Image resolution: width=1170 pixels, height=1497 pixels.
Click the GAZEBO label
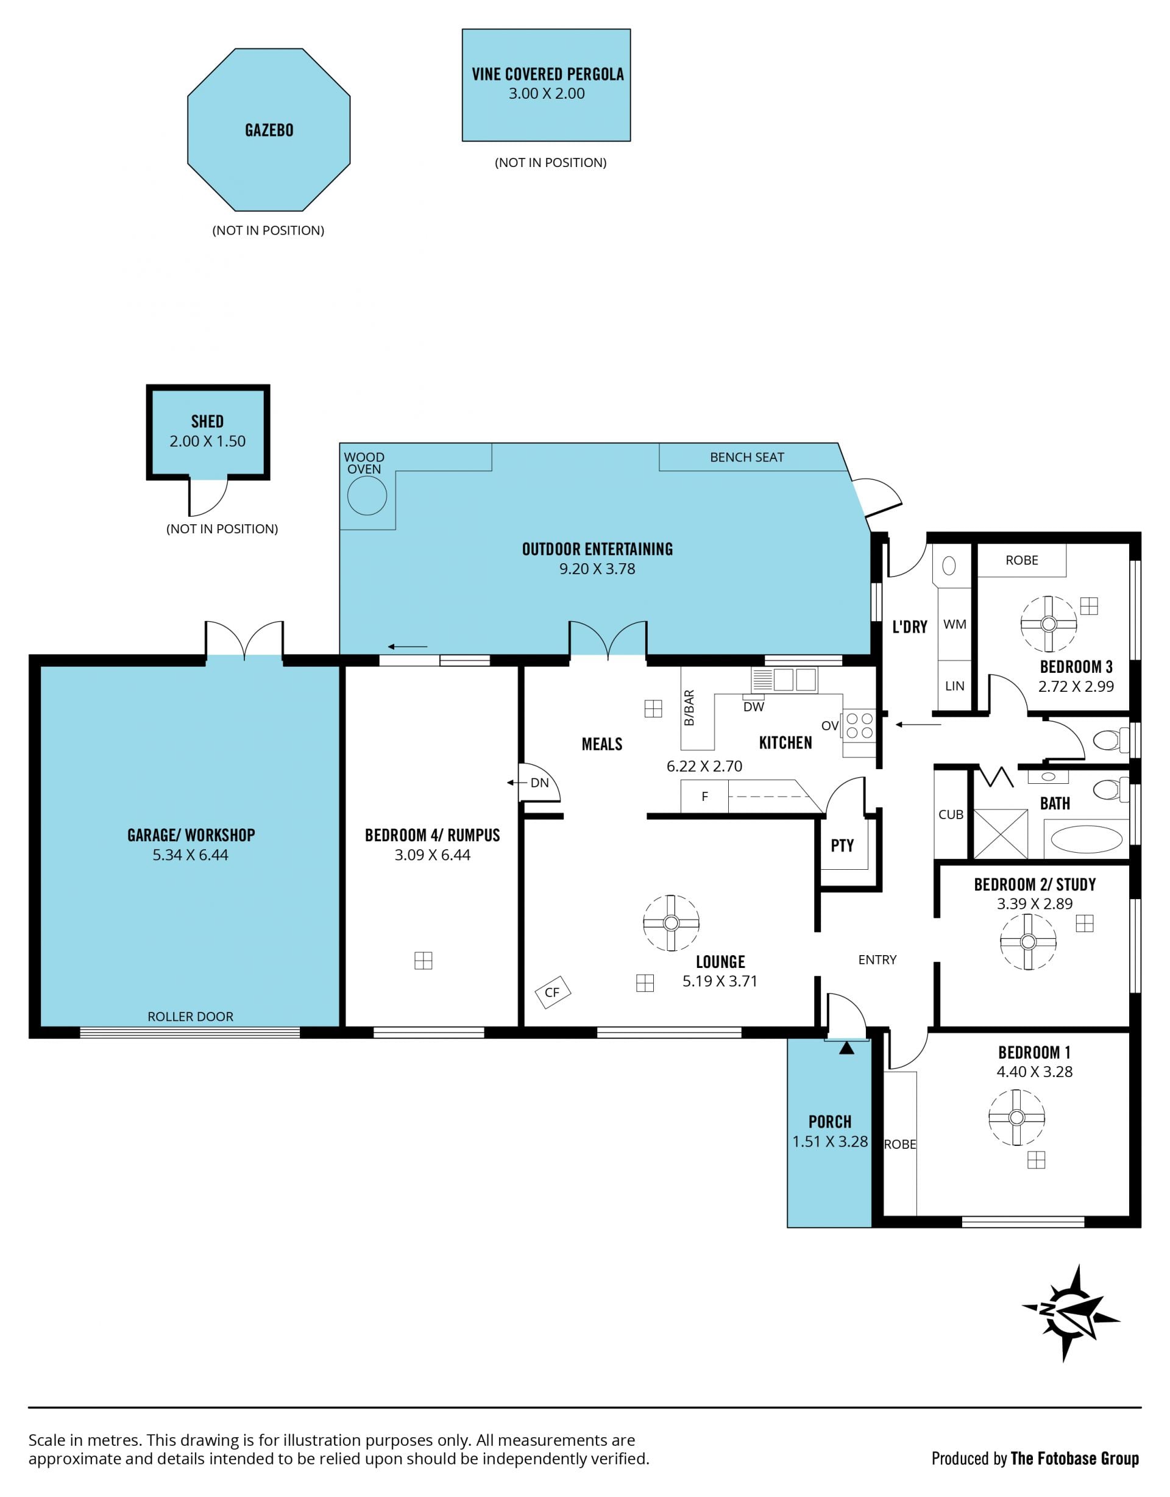[x=269, y=130]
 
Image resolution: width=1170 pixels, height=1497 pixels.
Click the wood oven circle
[x=367, y=495]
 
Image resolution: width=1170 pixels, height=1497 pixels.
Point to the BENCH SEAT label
[x=746, y=457]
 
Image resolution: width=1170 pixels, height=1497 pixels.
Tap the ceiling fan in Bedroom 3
[x=1048, y=624]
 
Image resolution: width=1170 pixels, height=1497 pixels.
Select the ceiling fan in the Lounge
[x=671, y=923]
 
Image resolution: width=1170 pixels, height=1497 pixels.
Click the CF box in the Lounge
[x=553, y=992]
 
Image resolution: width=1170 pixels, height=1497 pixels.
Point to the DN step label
[x=539, y=783]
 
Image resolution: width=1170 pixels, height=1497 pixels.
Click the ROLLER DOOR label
[x=191, y=1017]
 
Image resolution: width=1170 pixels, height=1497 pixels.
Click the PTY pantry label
[x=842, y=845]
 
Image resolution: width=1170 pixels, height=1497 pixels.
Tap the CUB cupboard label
[x=951, y=814]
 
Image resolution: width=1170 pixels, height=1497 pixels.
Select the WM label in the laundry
[x=955, y=624]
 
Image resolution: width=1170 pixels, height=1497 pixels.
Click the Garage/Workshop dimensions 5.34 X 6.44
[x=191, y=855]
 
